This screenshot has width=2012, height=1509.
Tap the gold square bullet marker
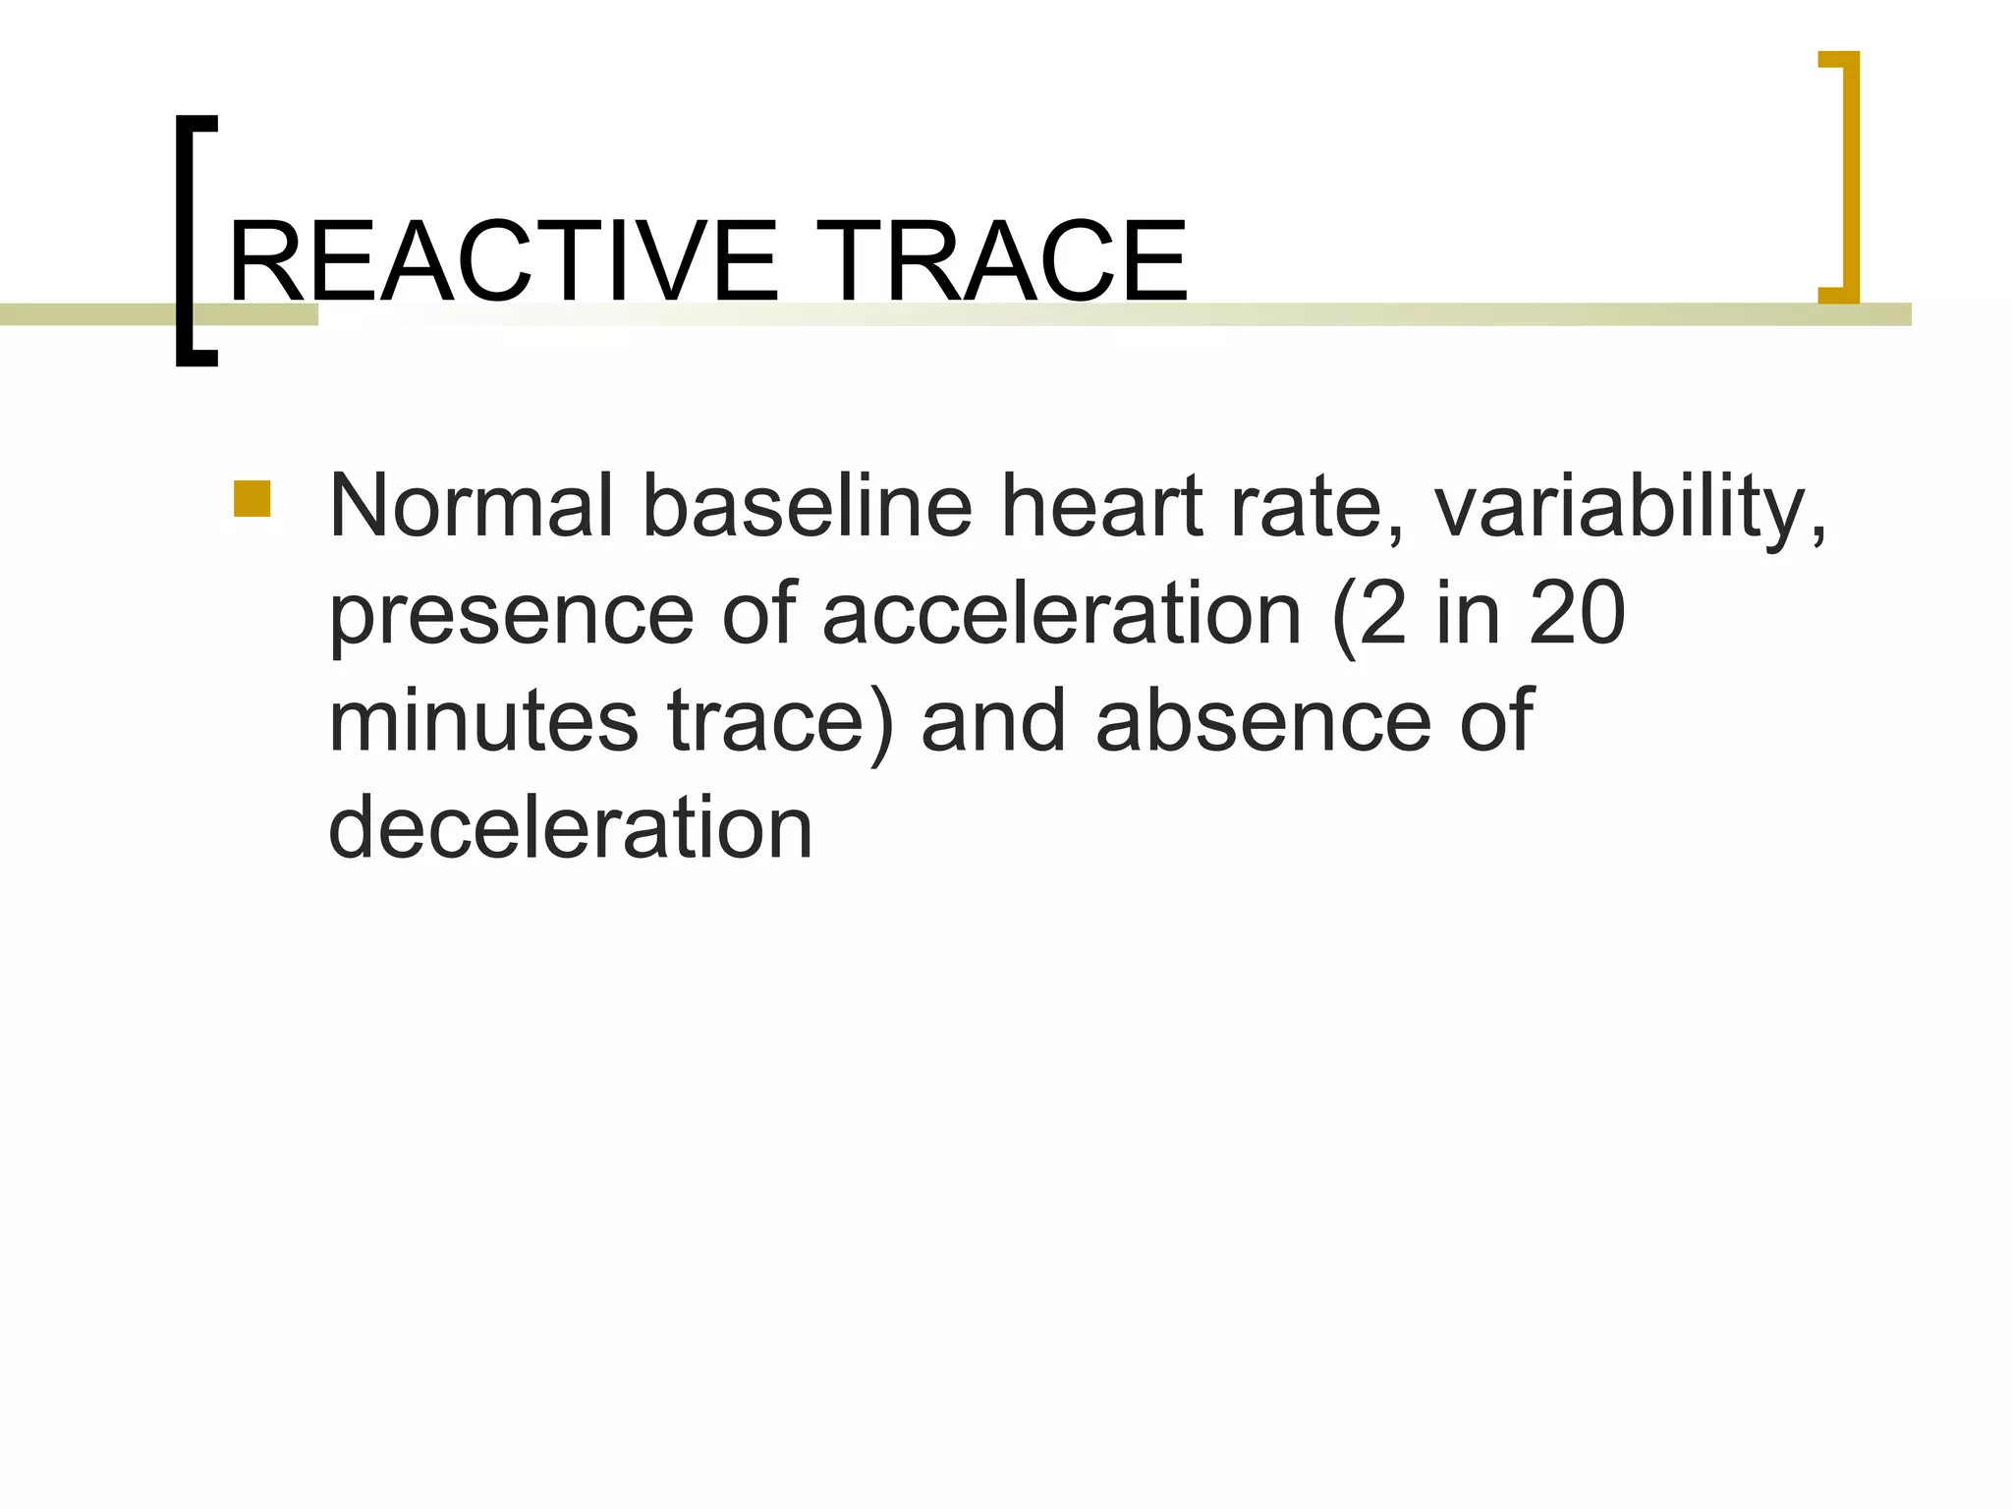[252, 499]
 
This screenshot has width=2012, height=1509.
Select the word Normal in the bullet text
[472, 507]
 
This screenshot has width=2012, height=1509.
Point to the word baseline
[807, 507]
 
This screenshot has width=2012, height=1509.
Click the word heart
[1100, 507]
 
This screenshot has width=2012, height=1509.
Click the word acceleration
[1061, 614]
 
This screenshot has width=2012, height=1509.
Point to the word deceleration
[570, 828]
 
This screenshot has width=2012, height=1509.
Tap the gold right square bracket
[1841, 177]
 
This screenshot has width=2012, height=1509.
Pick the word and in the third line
[993, 721]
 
